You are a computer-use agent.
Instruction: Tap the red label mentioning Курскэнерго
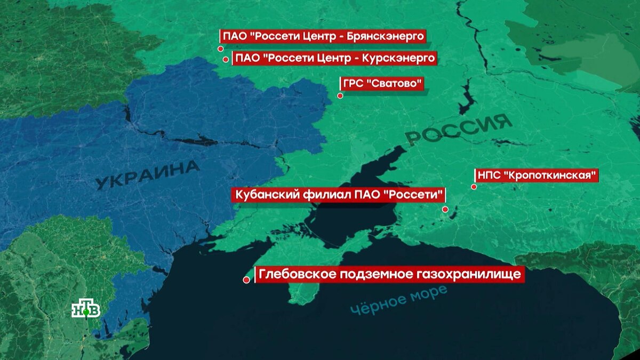pos(335,58)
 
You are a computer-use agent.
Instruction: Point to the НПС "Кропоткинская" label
pos(536,175)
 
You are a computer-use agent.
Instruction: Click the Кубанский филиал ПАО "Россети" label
pos(338,195)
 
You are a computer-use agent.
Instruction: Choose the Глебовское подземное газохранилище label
pos(388,275)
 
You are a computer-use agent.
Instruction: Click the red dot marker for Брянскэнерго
pos(220,49)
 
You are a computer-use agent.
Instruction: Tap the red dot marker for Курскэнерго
pos(226,60)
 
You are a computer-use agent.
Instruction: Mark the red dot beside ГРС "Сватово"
pos(340,96)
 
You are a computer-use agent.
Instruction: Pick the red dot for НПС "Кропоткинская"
pos(473,187)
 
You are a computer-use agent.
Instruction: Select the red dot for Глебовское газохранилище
pos(246,279)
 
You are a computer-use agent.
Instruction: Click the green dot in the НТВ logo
pos(85,313)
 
